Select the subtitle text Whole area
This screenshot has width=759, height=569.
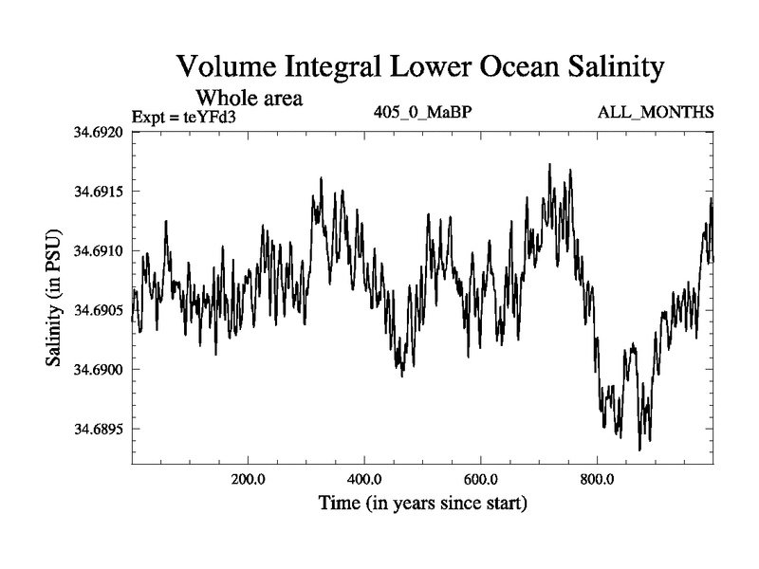coord(249,98)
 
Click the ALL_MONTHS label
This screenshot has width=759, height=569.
coord(656,113)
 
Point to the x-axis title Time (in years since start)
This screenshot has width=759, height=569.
coord(422,503)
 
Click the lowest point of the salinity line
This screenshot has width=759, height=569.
coord(639,450)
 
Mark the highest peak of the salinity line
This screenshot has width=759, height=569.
coord(549,164)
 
